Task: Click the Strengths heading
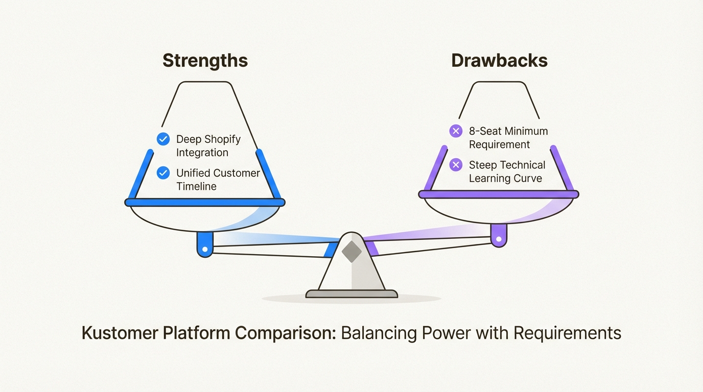click(x=205, y=61)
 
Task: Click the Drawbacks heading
click(x=499, y=61)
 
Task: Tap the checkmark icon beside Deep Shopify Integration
click(x=163, y=139)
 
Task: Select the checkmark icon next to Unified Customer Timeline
click(x=163, y=173)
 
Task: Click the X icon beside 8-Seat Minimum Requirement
click(x=455, y=131)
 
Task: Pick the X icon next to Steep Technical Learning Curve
click(x=455, y=165)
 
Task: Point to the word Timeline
click(x=196, y=186)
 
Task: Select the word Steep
click(x=483, y=165)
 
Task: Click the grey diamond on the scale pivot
click(x=351, y=252)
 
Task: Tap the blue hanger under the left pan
click(x=205, y=244)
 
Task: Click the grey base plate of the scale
click(x=351, y=293)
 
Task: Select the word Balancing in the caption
click(x=379, y=333)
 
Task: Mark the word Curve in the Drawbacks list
click(x=528, y=178)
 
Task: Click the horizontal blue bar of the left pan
click(x=205, y=203)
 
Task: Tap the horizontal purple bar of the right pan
click(x=499, y=194)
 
